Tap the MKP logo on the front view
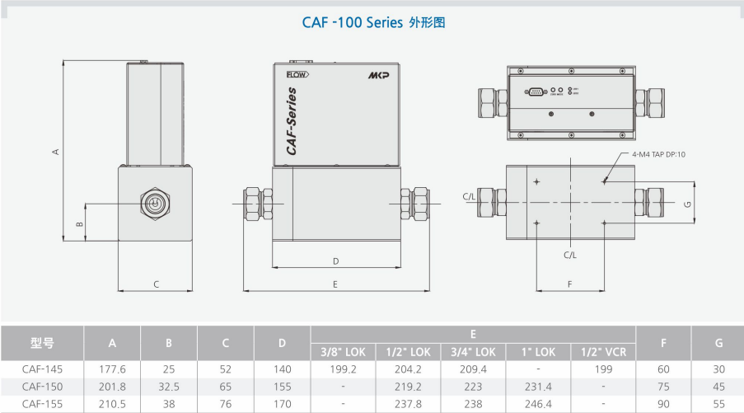[379, 75]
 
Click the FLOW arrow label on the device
[297, 75]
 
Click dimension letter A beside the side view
[55, 151]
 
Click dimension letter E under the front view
[335, 284]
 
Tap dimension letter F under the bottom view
[570, 284]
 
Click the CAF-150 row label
[42, 386]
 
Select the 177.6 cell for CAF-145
[112, 369]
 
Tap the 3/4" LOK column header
[474, 352]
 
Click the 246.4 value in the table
[539, 403]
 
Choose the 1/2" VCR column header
[604, 352]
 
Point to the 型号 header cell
[42, 343]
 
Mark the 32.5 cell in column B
[169, 386]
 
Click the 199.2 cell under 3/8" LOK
[343, 369]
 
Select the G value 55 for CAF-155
[718, 403]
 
